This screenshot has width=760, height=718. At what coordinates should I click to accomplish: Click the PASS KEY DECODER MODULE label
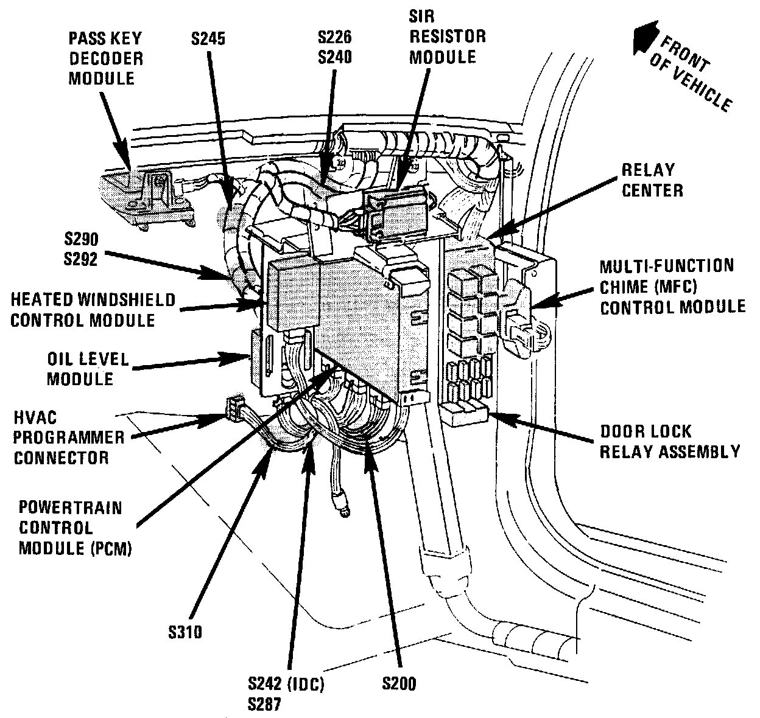[x=105, y=58]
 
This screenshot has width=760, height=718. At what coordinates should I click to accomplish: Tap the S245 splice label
[x=206, y=39]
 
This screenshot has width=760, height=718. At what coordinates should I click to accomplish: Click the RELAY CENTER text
[x=652, y=179]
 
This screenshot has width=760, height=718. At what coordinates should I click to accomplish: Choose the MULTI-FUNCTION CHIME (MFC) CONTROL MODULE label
[x=672, y=286]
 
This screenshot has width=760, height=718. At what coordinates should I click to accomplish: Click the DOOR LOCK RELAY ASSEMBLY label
[x=669, y=441]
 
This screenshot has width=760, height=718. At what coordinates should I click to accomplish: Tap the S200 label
[x=399, y=683]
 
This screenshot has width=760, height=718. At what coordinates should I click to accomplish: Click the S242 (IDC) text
[x=286, y=683]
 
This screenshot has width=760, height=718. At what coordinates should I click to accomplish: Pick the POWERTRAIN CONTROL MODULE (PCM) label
[x=75, y=528]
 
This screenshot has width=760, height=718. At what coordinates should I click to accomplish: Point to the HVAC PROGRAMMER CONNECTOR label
[x=69, y=437]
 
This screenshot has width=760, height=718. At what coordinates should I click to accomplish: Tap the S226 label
[x=334, y=38]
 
